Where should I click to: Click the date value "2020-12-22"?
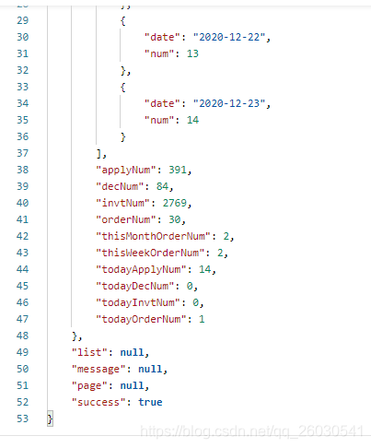click(x=229, y=37)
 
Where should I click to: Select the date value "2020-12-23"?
click(x=229, y=103)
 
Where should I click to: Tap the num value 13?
click(x=192, y=53)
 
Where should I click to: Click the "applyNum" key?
click(x=126, y=170)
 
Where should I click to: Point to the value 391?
click(x=178, y=170)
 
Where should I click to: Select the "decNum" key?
click(x=120, y=186)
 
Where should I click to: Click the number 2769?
click(x=175, y=203)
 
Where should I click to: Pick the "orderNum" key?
click(x=126, y=219)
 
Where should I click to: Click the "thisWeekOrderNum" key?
click(x=150, y=253)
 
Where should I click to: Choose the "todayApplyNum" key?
click(x=141, y=269)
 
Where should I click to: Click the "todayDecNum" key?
click(x=135, y=286)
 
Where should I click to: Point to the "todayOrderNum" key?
click(x=141, y=319)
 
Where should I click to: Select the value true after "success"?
click(x=150, y=402)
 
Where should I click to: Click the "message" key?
click(x=99, y=369)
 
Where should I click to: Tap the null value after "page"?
click(x=132, y=385)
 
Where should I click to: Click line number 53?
click(x=23, y=419)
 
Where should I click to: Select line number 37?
click(x=23, y=153)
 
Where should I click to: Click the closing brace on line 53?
click(x=50, y=419)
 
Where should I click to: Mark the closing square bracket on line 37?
click(x=99, y=153)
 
